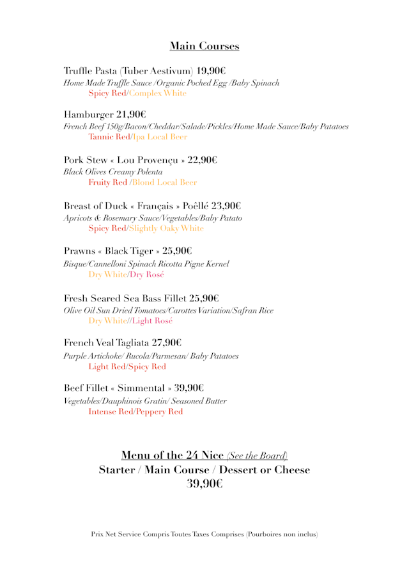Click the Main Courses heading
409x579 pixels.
tap(204, 46)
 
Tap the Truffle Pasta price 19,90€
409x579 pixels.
tap(210, 70)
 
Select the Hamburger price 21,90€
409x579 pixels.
tap(131, 115)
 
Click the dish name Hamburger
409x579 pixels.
tap(88, 115)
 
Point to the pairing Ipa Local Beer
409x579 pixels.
tap(160, 138)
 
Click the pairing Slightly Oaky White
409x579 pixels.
tap(166, 228)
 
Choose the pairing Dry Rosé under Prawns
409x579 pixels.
tap(147, 274)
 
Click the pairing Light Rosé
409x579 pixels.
tap(153, 321)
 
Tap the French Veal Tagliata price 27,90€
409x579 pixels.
tap(166, 343)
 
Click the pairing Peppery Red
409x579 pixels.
tap(158, 412)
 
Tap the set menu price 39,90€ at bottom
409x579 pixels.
tap(204, 484)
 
